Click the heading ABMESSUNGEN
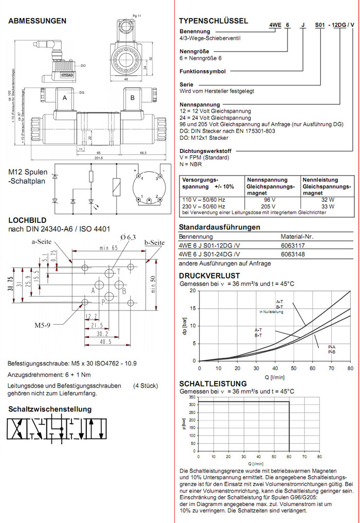click(x=38, y=21)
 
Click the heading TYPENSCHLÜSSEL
click(x=213, y=21)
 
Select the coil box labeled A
click(x=65, y=98)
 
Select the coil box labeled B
click(x=132, y=98)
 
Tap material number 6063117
click(x=293, y=246)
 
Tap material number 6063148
click(x=293, y=254)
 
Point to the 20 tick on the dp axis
click(x=194, y=291)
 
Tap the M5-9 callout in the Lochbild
click(x=43, y=325)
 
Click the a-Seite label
click(x=42, y=241)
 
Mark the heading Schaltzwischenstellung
click(x=50, y=409)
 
